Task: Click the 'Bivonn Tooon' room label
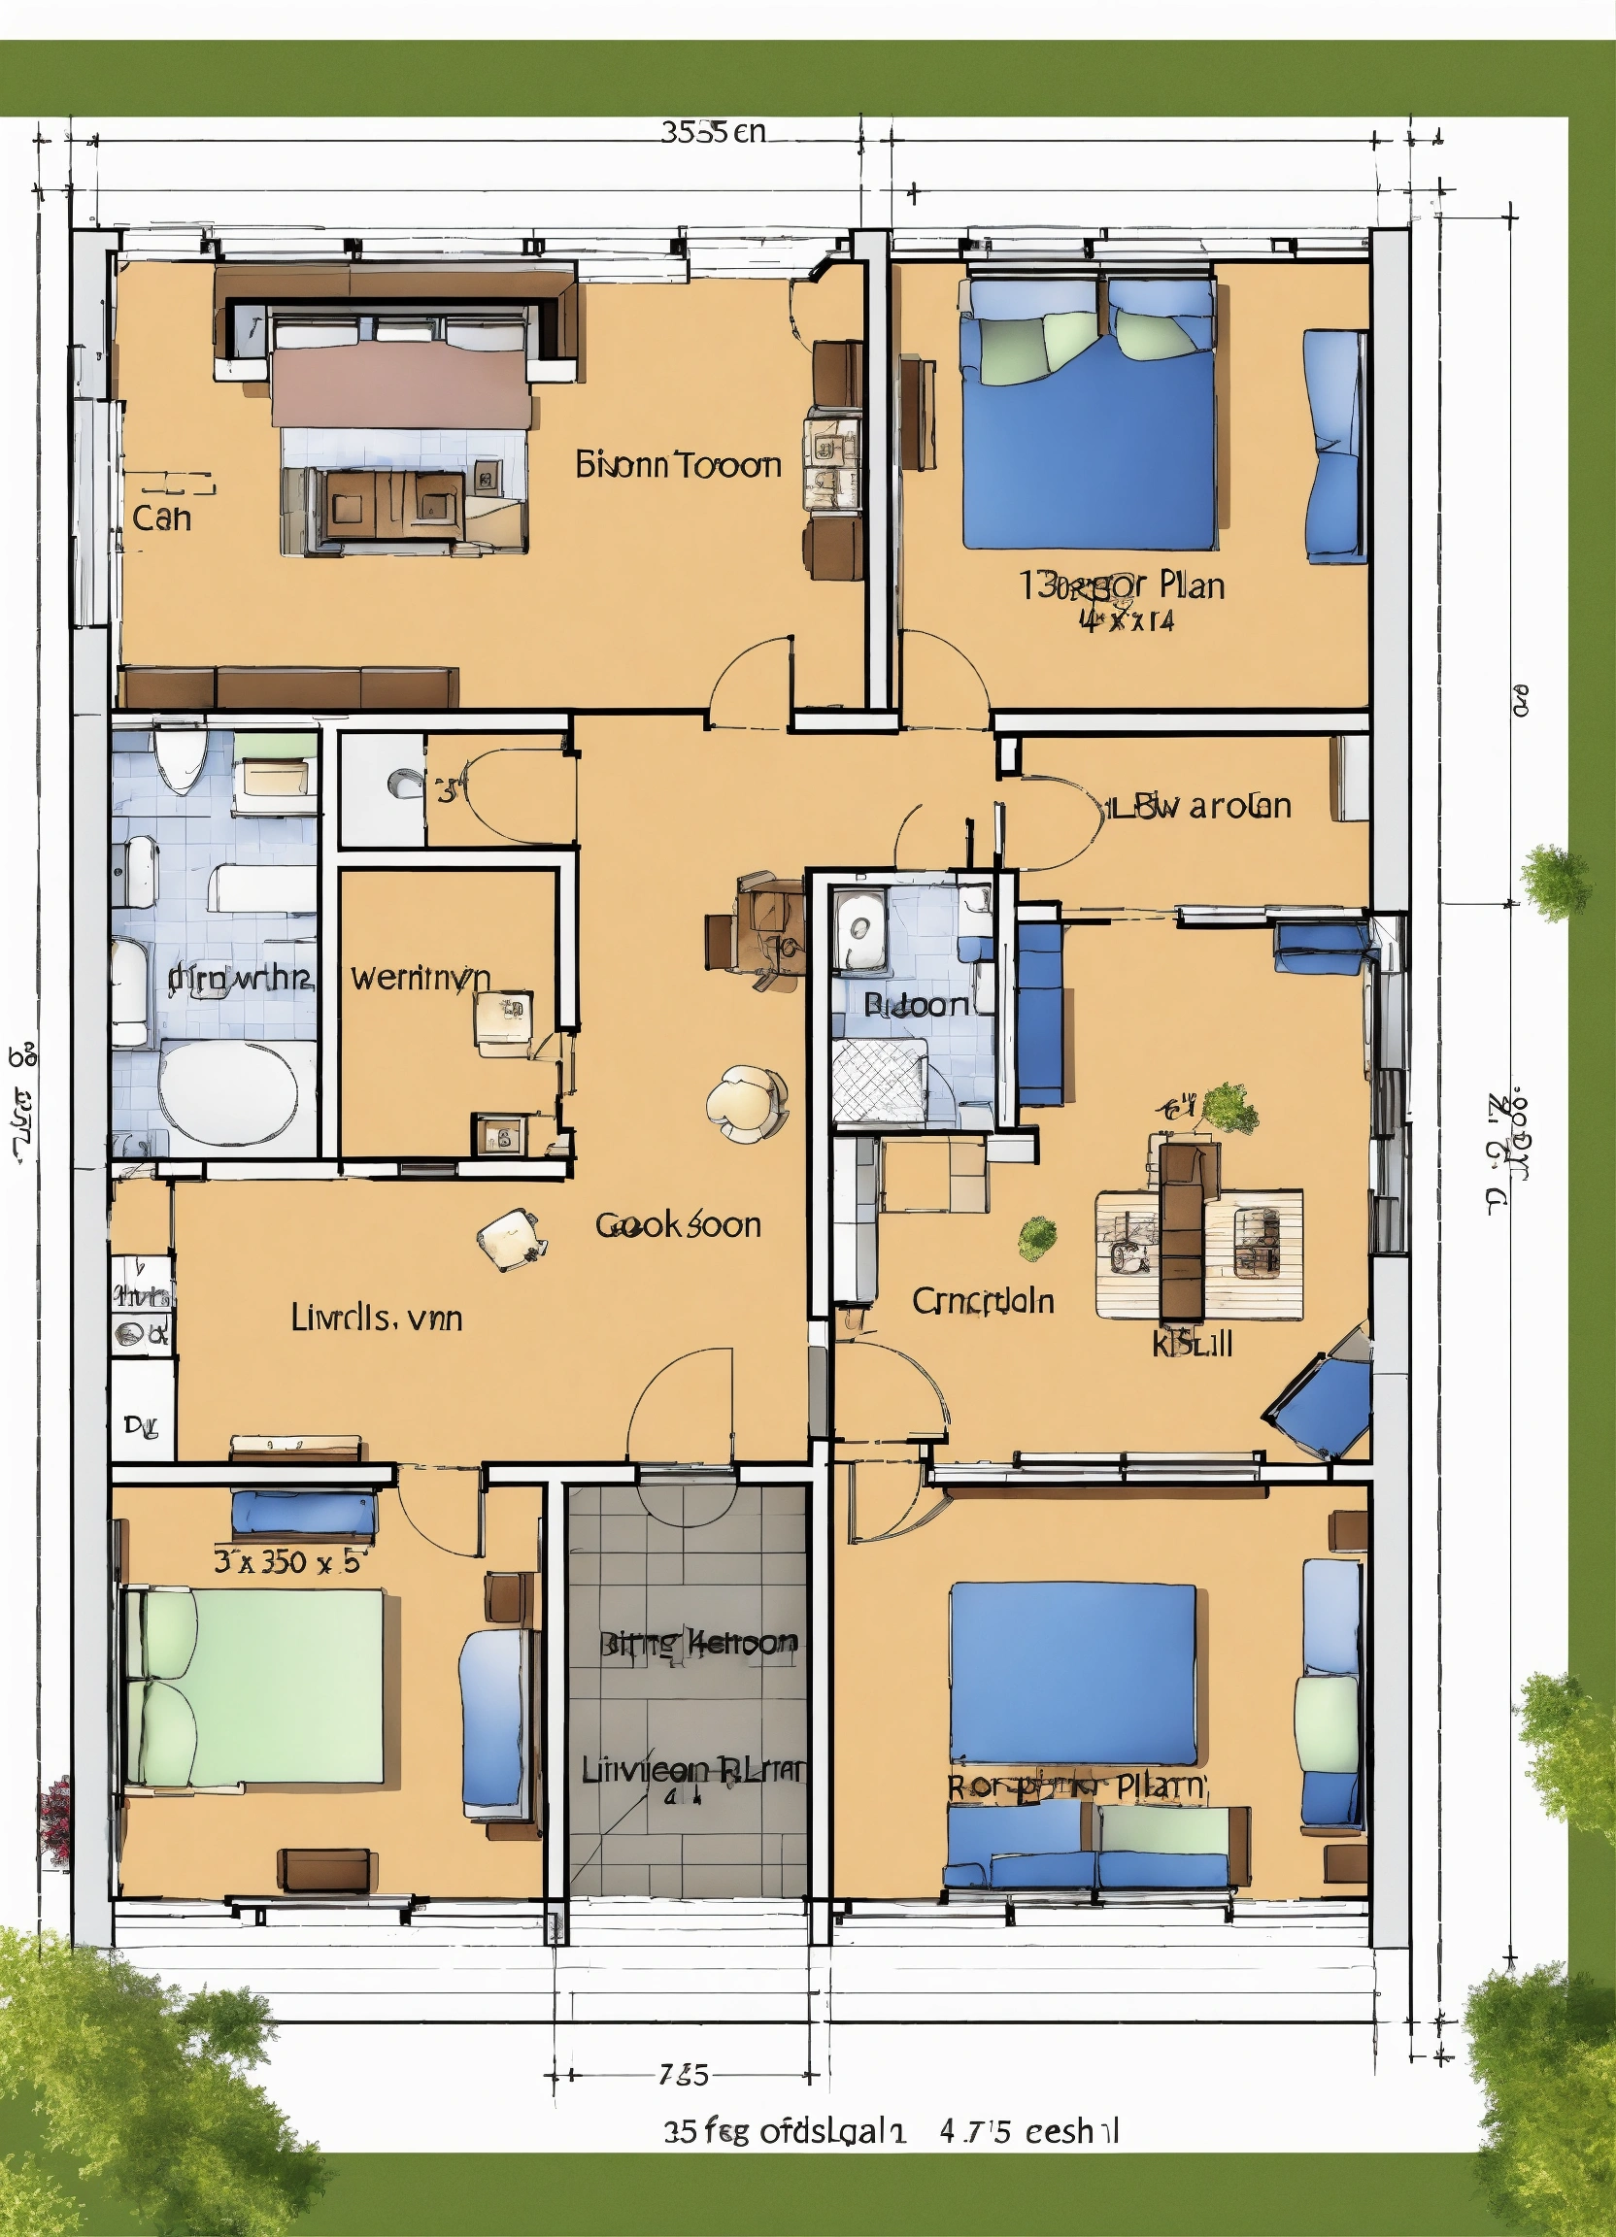[678, 464]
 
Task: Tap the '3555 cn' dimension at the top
[712, 131]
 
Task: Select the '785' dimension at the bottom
[685, 2074]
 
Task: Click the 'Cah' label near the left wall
[161, 518]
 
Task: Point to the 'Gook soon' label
[678, 1225]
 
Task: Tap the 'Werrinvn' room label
[421, 978]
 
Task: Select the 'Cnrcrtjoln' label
[983, 1301]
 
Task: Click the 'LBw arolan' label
[1199, 806]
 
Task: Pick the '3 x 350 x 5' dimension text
[289, 1561]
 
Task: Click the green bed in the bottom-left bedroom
[254, 1687]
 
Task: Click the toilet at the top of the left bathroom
[180, 758]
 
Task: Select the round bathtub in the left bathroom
[228, 1094]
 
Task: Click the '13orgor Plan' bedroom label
[1122, 586]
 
